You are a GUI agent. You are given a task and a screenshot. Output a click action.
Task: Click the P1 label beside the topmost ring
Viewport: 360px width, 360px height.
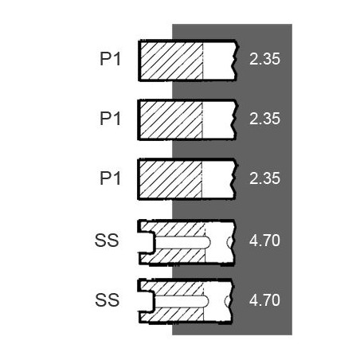[x=110, y=59]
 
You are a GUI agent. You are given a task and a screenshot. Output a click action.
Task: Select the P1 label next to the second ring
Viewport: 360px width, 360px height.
[x=110, y=119]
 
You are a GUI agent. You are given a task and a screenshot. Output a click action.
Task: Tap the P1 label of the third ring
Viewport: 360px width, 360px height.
[x=110, y=178]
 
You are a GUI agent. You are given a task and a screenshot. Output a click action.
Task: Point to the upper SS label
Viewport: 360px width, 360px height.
[x=107, y=241]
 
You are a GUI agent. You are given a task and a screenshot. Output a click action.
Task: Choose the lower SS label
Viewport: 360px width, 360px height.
[x=107, y=300]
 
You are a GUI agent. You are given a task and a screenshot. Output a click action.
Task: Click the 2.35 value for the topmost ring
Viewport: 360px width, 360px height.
[x=264, y=59]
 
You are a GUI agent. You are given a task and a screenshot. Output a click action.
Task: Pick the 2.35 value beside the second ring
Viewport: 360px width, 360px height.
[x=264, y=119]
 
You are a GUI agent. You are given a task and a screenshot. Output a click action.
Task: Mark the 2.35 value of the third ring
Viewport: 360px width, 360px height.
[x=264, y=178]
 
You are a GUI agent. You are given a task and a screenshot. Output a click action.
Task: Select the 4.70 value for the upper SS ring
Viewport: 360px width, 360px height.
[x=264, y=241]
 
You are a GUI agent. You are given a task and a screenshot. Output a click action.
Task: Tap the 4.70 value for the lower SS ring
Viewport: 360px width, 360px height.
[x=264, y=300]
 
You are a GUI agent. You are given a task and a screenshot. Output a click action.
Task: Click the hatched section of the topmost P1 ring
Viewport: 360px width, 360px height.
[x=171, y=61]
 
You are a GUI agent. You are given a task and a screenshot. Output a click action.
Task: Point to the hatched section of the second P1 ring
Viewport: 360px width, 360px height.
[x=171, y=120]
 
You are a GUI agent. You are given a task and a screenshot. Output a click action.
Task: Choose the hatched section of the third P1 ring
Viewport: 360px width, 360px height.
[x=170, y=180]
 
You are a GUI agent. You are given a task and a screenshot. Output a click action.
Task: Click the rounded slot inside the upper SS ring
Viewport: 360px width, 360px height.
[x=182, y=242]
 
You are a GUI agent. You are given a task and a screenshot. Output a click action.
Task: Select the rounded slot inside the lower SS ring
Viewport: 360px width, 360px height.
[x=181, y=302]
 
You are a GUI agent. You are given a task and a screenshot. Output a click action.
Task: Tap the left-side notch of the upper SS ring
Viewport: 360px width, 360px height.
[x=147, y=242]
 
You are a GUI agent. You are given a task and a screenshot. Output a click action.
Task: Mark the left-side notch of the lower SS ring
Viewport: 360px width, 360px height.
[x=147, y=302]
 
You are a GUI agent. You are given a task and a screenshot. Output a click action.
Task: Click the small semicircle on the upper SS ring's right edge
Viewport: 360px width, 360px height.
[x=230, y=242]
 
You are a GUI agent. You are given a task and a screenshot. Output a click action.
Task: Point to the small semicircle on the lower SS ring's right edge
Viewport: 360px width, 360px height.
[x=228, y=301]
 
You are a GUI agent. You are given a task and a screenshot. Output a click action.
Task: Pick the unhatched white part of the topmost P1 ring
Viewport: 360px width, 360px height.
[x=219, y=61]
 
